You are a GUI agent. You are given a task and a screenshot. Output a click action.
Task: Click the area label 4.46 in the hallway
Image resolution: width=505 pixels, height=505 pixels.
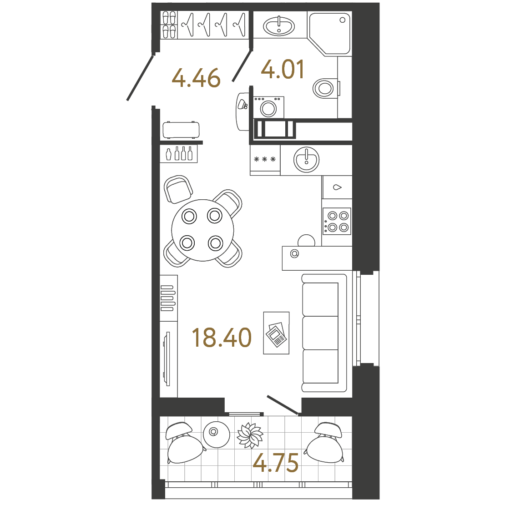[x=196, y=78]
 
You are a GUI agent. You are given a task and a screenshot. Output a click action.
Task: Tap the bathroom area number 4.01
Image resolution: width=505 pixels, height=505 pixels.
[x=283, y=70]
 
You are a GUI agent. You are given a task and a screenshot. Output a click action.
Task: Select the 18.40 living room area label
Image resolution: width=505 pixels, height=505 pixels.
[x=222, y=338]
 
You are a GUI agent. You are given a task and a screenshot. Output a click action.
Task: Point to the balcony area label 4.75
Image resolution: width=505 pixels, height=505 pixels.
[x=276, y=463]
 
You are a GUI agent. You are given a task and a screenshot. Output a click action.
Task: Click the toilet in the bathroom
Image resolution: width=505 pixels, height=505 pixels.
[x=324, y=87]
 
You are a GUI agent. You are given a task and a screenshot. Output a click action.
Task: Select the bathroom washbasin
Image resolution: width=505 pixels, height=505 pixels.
[x=279, y=25]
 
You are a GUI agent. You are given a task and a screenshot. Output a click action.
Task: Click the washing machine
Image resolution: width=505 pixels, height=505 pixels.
[x=268, y=108]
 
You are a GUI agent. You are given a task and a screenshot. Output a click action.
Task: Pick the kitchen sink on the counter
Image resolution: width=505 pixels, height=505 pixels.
[x=306, y=160]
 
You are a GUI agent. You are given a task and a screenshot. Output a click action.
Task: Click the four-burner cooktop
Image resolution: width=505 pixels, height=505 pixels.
[x=337, y=221]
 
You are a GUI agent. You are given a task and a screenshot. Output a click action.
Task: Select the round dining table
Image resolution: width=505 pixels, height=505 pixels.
[x=202, y=230]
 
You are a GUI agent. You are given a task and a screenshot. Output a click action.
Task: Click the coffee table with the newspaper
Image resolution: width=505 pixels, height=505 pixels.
[x=276, y=333]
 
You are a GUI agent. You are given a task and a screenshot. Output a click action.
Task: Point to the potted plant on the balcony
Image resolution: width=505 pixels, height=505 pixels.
[x=249, y=435]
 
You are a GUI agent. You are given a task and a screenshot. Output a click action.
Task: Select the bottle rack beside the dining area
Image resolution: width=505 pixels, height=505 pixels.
[x=179, y=153]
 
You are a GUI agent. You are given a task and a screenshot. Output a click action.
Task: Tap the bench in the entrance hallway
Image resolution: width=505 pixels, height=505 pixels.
[x=182, y=130]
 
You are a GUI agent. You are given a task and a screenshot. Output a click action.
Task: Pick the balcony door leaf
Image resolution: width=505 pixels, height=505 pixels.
[x=282, y=405]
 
